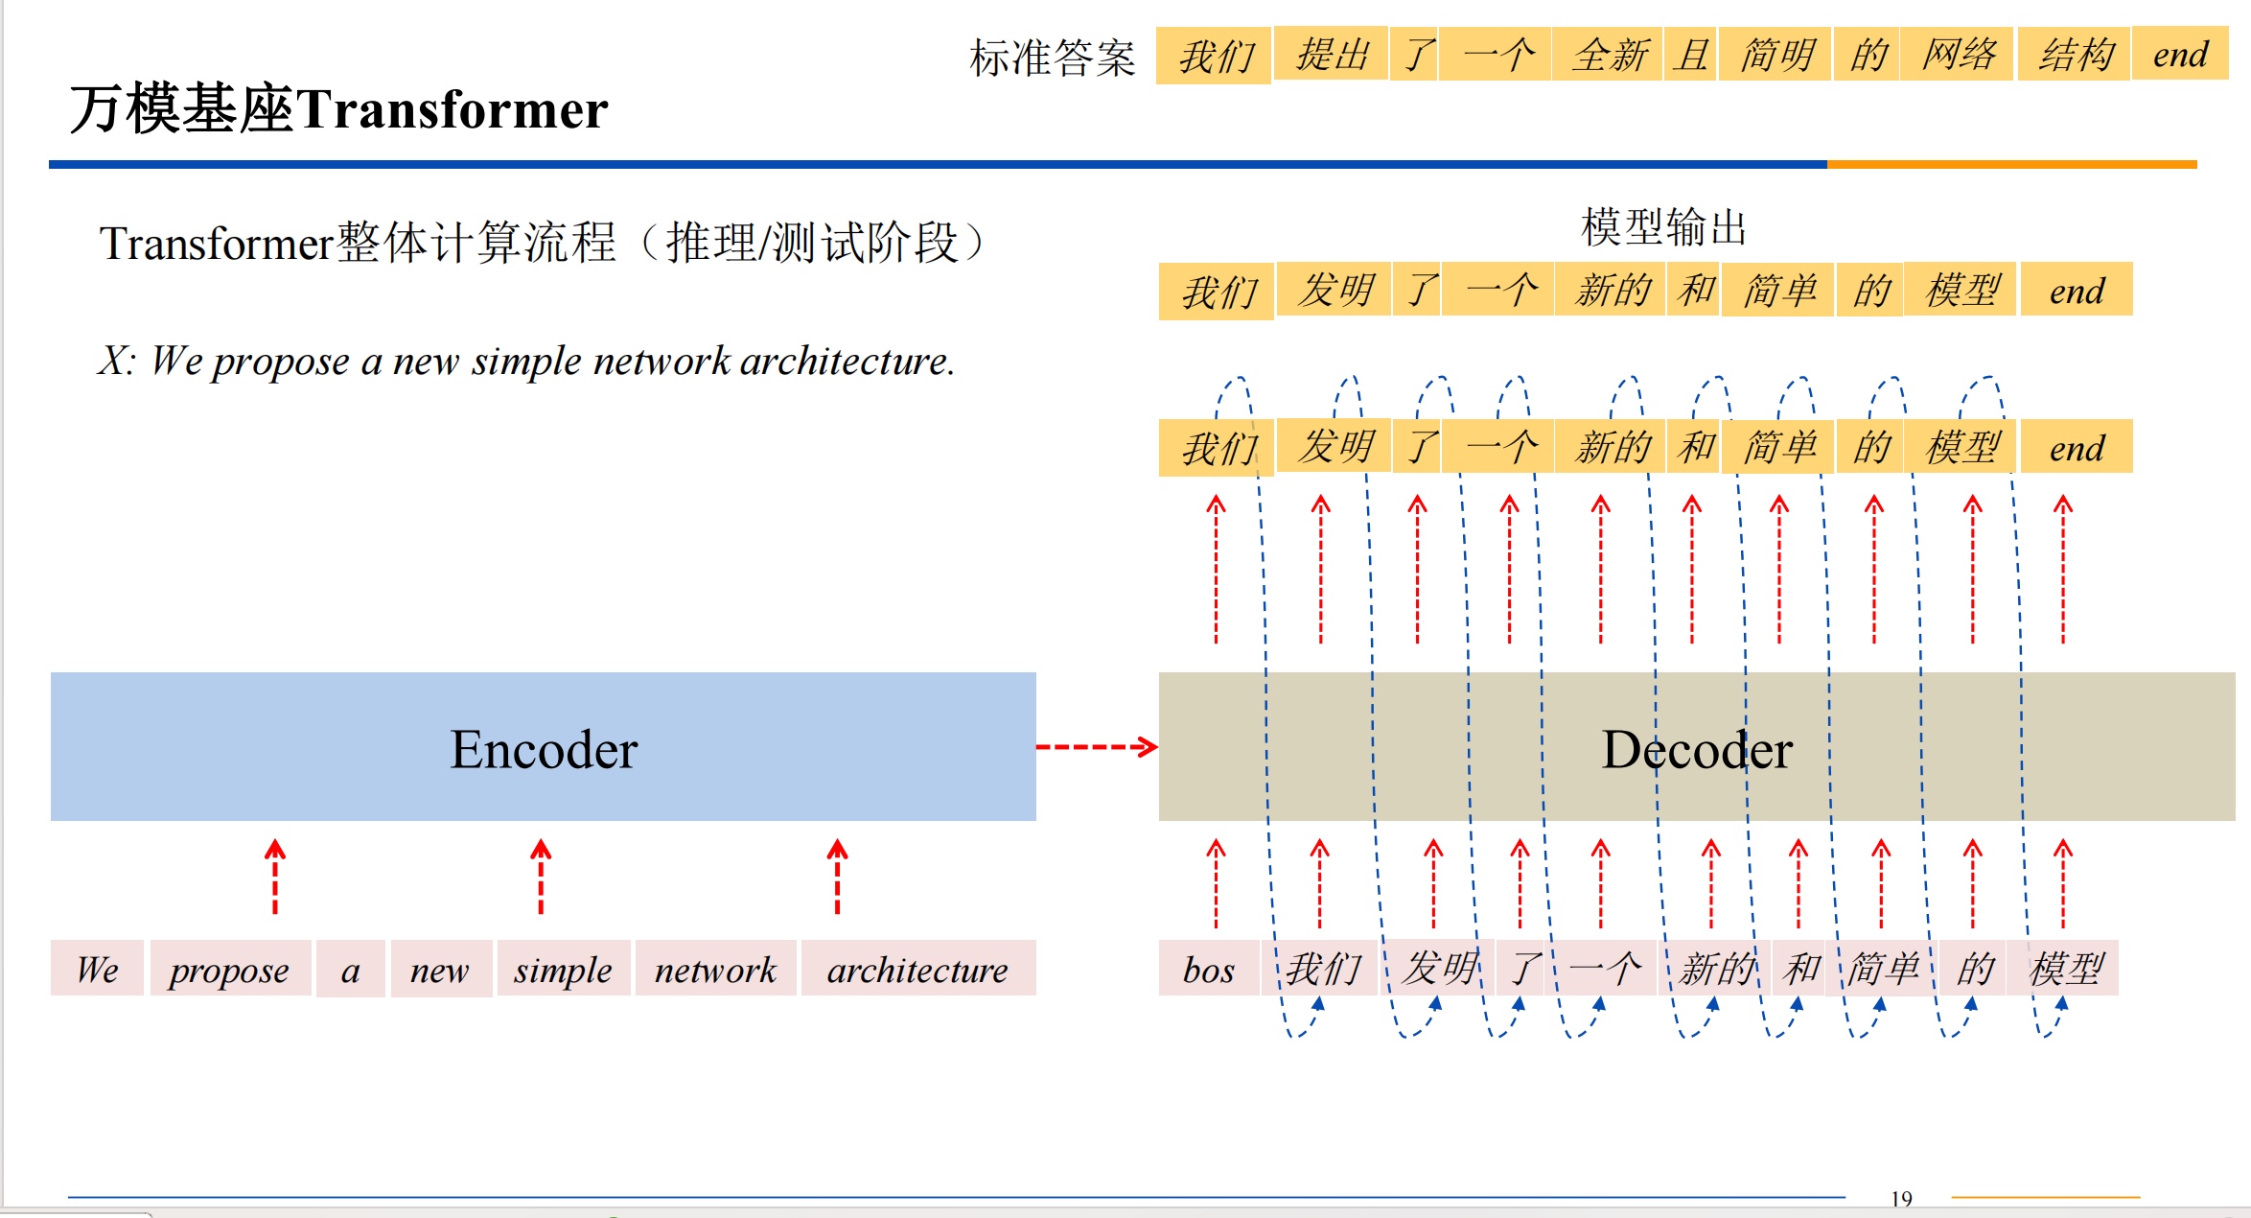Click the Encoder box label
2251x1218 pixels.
[544, 749]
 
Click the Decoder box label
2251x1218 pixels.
[1697, 749]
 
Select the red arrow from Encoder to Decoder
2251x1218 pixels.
[1097, 747]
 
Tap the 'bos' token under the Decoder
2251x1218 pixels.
[1208, 970]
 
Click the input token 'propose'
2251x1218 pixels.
[229, 970]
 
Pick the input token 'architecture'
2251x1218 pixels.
[917, 970]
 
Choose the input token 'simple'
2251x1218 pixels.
[563, 970]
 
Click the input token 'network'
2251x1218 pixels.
[715, 970]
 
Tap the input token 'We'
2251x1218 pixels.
[97, 970]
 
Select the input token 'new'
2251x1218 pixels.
[439, 970]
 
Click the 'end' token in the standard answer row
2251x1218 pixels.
[2180, 55]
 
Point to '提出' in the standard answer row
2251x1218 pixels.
[1332, 55]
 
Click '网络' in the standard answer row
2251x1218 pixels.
[1959, 55]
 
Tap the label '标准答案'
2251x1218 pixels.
[1052, 58]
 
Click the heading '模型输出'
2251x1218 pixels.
[1663, 228]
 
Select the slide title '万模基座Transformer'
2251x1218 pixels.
[338, 109]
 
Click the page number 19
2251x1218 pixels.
[1901, 1198]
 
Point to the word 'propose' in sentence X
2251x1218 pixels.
[280, 362]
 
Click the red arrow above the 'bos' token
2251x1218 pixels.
[1216, 882]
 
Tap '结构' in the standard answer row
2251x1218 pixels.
[2076, 55]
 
